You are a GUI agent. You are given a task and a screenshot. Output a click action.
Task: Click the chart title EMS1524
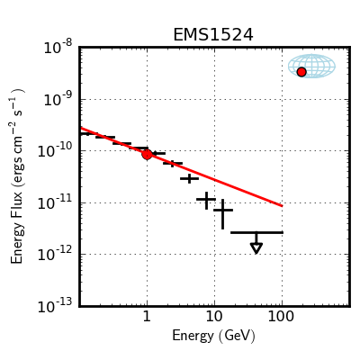(213, 35)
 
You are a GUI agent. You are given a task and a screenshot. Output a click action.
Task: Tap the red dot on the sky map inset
(301, 72)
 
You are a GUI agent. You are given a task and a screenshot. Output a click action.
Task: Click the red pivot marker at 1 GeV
(147, 155)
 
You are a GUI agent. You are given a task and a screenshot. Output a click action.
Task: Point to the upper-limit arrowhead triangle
(256, 248)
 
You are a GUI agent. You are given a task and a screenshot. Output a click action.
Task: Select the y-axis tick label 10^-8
(58, 48)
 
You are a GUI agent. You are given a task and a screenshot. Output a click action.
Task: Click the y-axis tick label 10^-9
(58, 100)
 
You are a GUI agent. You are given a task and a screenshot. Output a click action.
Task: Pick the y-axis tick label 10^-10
(55, 151)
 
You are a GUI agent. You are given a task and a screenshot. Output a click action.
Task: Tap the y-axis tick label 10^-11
(55, 203)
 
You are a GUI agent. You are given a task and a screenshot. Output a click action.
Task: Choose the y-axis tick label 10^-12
(55, 255)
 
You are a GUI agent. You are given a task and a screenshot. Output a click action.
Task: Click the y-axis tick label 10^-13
(55, 307)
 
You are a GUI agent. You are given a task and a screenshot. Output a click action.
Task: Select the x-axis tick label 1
(147, 317)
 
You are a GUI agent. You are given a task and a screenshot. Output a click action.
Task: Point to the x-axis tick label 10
(214, 317)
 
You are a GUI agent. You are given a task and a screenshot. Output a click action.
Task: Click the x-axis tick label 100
(281, 317)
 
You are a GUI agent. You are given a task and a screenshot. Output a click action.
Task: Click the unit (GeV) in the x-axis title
(237, 336)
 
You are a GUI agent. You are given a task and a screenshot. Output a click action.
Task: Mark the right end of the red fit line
(283, 206)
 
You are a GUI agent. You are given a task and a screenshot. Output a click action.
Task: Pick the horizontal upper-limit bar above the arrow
(256, 232)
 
